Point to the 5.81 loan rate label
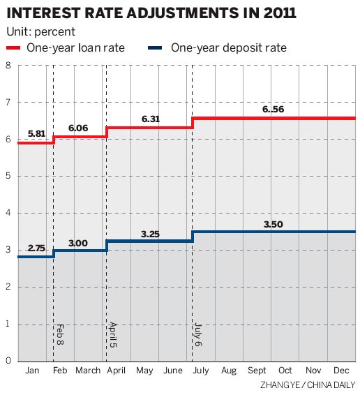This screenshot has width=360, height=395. pos(37,133)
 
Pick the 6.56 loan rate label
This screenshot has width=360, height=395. pos(274,110)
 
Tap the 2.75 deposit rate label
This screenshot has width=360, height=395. pos(37,248)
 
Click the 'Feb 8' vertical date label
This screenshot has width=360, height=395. pos(61,335)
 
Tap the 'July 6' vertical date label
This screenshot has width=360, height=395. pos(199,335)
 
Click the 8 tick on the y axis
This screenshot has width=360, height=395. pos(8,66)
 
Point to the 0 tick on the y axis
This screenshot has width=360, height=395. pos(8,361)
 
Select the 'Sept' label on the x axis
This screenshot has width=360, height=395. pos(256,371)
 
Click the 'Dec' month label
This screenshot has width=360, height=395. pos(341,371)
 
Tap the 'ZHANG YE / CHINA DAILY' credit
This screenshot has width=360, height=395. pos(308,385)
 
